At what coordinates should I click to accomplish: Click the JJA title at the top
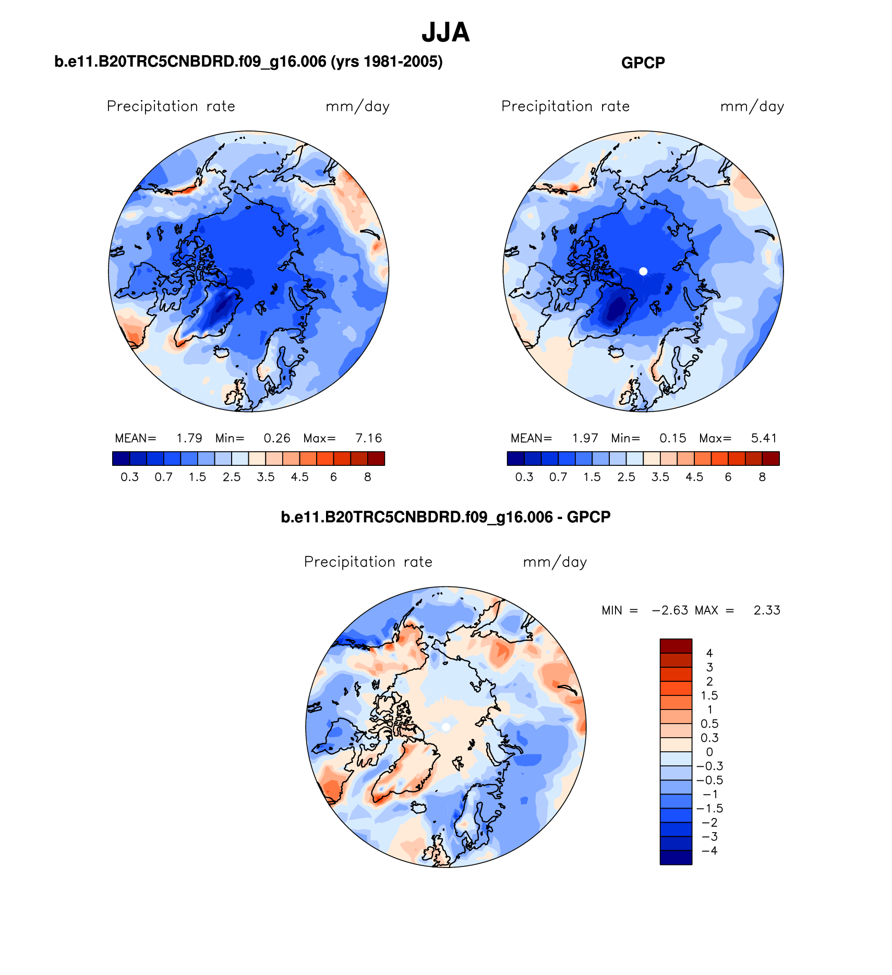tap(445, 32)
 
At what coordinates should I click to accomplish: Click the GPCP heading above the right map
tap(643, 63)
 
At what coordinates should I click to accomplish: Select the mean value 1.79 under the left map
tap(189, 438)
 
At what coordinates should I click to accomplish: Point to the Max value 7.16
tap(369, 438)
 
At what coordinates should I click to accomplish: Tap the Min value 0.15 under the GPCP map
tap(673, 438)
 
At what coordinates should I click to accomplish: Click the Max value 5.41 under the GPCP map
tap(764, 438)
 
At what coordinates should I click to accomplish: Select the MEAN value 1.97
tap(585, 438)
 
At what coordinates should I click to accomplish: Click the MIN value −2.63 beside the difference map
tap(670, 610)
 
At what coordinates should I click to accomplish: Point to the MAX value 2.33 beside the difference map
tap(767, 610)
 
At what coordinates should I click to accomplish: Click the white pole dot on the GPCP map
tap(643, 271)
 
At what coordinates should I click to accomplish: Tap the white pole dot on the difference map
tap(445, 727)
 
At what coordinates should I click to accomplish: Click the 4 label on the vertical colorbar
tap(709, 653)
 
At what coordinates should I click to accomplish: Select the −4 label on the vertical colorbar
tap(709, 851)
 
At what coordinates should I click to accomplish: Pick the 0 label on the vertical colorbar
tap(709, 752)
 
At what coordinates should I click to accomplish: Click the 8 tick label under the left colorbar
tap(368, 477)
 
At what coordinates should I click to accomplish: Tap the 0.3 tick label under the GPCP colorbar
tap(524, 477)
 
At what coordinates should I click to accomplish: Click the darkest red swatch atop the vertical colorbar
tap(676, 646)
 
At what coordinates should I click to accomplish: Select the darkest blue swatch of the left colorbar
tap(120, 459)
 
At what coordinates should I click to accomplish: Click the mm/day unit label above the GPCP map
tap(752, 107)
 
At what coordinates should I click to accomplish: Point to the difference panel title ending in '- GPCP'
tap(445, 517)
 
